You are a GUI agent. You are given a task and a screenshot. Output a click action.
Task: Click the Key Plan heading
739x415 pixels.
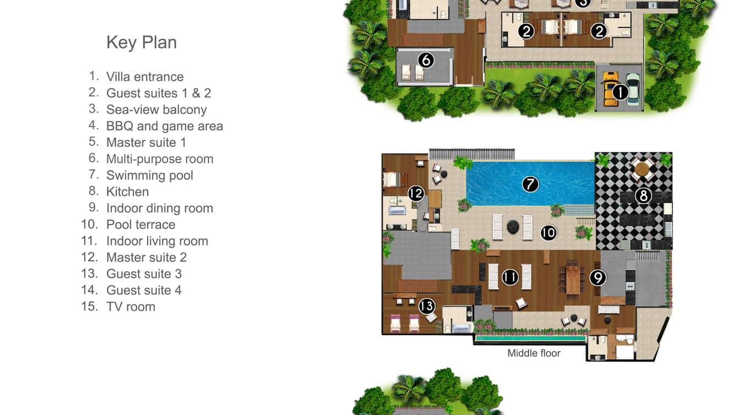pos(142,42)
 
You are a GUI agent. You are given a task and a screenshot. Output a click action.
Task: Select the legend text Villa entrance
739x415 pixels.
pos(145,77)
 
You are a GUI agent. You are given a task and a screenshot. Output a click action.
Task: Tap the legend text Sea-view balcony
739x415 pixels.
pos(156,110)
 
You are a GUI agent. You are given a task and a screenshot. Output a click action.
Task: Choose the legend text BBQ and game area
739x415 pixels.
pos(165,126)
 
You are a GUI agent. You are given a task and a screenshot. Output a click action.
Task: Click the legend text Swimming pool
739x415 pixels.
pos(150,176)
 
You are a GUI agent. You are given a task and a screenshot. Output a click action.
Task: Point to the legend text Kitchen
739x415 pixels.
pos(128,192)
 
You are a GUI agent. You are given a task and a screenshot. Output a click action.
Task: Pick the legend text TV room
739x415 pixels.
pos(131,307)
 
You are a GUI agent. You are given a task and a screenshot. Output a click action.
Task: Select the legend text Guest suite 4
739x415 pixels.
pos(144,290)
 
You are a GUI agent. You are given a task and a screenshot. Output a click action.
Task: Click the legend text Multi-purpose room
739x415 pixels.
pos(160,159)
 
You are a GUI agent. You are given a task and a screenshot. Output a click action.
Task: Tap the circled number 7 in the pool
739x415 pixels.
pos(530,184)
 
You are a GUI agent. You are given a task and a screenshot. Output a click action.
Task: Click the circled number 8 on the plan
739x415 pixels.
pos(643,195)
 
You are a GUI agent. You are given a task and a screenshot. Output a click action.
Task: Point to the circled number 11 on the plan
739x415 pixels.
pos(510,277)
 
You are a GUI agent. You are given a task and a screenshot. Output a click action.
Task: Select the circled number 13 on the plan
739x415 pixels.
pos(427,306)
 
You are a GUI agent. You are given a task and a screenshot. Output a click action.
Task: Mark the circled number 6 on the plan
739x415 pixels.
pos(426,59)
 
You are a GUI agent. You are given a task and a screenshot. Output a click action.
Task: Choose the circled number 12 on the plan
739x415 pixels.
pos(416,193)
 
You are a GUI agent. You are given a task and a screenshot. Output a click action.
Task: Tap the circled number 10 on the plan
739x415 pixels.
pos(548,233)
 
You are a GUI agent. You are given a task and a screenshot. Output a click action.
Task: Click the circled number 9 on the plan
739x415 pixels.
pos(597,277)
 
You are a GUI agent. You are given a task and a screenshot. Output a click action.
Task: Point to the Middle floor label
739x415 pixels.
pos(534,353)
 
